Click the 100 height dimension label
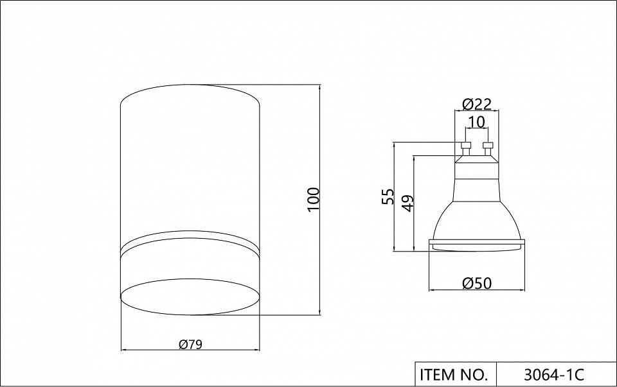(314, 200)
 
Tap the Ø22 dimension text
(477, 104)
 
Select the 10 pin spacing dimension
(477, 122)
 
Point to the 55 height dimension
(388, 196)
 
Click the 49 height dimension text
(408, 203)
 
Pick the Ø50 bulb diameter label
(477, 283)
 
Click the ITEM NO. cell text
(454, 374)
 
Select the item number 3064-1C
(554, 375)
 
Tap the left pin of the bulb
(465, 148)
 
